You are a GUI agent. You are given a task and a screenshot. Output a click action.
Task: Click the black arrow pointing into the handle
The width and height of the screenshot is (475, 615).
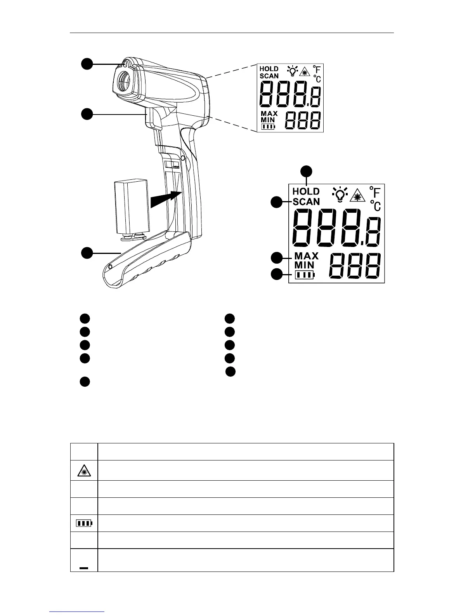165,199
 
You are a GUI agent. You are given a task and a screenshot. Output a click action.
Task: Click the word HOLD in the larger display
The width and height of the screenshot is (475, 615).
306,191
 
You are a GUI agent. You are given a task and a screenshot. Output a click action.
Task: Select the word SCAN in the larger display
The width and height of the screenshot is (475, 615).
306,202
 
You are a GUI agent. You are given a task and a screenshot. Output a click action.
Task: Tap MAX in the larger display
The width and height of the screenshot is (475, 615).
306,256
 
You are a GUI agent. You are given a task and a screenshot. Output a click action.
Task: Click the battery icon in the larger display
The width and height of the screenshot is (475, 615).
305,275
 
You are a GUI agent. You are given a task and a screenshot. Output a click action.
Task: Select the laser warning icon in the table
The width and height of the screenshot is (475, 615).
84,471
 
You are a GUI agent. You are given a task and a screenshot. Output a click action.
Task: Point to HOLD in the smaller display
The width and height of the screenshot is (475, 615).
269,69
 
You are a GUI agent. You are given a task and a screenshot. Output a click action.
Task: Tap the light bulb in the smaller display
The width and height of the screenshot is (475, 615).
292,71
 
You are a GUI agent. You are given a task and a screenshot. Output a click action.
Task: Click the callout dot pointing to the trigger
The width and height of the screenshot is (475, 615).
87,114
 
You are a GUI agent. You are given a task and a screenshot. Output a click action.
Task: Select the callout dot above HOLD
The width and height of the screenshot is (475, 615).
307,170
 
